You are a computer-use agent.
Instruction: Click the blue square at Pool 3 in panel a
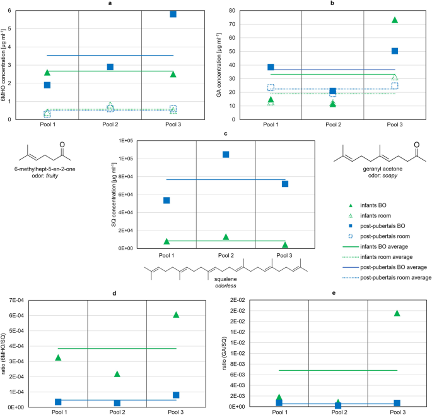pyautogui.click(x=173, y=13)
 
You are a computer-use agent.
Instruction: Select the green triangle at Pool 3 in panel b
pyautogui.click(x=394, y=20)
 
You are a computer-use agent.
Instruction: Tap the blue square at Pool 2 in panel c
pyautogui.click(x=226, y=154)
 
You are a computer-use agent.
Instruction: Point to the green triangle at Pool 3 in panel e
pyautogui.click(x=397, y=313)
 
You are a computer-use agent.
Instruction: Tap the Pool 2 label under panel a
pyautogui.click(x=110, y=126)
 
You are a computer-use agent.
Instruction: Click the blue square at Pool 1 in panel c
pyautogui.click(x=166, y=200)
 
